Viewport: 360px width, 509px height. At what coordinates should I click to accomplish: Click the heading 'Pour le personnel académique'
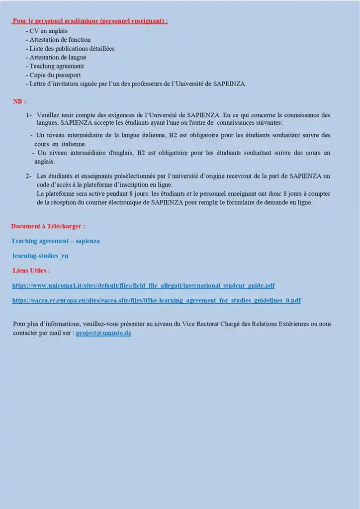click(90, 21)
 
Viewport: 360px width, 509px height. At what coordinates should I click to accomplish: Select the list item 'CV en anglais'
click(48, 31)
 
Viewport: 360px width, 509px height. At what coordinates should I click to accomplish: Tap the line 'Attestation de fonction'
click(60, 40)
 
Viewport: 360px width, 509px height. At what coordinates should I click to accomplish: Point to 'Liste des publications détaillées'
click(72, 49)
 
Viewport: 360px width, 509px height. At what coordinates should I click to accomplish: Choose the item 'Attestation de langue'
click(58, 58)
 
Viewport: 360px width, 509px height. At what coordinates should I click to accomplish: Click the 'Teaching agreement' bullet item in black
click(56, 66)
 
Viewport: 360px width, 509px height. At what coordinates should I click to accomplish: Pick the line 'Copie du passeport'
click(55, 75)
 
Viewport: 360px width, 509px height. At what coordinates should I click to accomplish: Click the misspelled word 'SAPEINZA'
click(229, 84)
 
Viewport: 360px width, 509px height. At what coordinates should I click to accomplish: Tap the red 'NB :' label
click(19, 101)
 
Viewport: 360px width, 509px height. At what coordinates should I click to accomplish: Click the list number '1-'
click(29, 115)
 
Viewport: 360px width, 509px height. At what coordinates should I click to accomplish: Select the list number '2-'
click(29, 176)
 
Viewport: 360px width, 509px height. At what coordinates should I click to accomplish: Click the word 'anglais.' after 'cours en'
click(45, 162)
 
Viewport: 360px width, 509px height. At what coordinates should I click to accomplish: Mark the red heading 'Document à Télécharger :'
click(48, 226)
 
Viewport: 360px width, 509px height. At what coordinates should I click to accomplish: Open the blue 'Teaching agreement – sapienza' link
click(55, 241)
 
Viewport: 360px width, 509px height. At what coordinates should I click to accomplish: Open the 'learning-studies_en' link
click(40, 256)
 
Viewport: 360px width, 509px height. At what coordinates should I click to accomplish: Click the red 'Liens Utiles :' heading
click(31, 271)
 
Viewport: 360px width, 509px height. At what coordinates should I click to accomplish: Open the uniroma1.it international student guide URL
click(143, 286)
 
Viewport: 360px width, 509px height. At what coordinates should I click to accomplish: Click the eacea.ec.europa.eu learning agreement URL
click(156, 301)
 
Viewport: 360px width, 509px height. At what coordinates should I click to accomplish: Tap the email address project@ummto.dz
click(103, 333)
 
